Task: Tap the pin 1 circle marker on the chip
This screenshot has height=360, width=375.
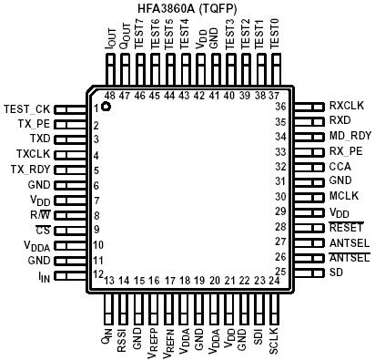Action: (106, 108)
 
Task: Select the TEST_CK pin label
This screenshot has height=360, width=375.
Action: (27, 109)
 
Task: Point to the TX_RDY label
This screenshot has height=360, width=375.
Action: (29, 170)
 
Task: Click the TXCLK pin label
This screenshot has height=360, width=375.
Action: (33, 154)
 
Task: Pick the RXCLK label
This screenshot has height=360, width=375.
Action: (347, 106)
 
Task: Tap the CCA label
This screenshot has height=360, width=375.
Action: (340, 166)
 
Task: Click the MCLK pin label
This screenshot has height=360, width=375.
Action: (343, 196)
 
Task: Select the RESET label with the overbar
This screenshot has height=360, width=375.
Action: (346, 227)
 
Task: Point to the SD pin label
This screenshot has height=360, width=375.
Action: (336, 273)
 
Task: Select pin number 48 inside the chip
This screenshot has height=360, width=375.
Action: (109, 95)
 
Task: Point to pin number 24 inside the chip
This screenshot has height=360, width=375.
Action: (273, 281)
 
